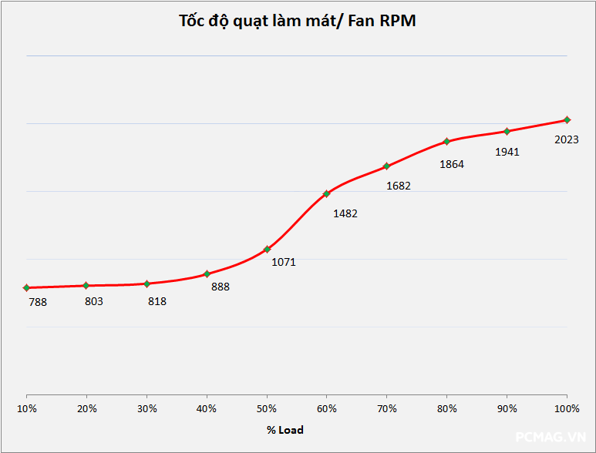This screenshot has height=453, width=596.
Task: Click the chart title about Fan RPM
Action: click(x=297, y=21)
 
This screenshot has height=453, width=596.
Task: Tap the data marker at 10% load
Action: click(x=27, y=287)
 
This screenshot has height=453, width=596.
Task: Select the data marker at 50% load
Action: click(x=267, y=249)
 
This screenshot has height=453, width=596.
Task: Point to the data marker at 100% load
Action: click(x=567, y=119)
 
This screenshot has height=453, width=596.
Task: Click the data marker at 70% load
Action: click(x=386, y=166)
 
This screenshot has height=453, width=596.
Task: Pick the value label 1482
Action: click(x=345, y=213)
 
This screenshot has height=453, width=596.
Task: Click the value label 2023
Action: click(x=567, y=139)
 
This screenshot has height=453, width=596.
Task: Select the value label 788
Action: click(x=38, y=302)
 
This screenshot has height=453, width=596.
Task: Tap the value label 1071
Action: click(x=284, y=261)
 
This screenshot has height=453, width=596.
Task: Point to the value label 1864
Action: click(x=452, y=164)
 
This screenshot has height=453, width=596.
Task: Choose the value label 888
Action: click(x=221, y=287)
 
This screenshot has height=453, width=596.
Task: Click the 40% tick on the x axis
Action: click(x=207, y=408)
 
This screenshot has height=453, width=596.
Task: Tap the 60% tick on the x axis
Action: click(x=327, y=408)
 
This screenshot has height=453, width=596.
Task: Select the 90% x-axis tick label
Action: click(x=507, y=408)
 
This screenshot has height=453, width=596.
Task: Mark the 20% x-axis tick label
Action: click(x=87, y=408)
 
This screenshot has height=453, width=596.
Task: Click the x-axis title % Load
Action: click(x=285, y=430)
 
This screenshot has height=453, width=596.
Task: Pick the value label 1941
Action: click(x=507, y=152)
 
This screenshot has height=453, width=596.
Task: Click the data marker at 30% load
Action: click(x=146, y=284)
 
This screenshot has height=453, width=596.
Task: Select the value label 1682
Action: click(x=399, y=186)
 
